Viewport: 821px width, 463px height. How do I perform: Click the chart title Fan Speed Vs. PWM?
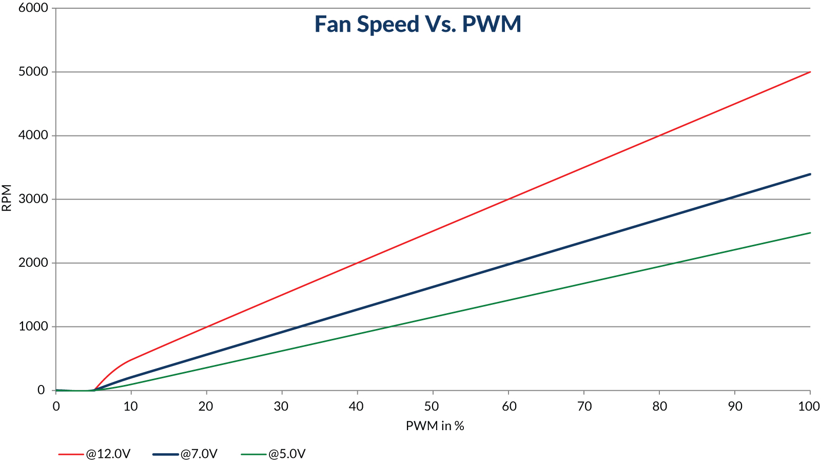click(x=418, y=24)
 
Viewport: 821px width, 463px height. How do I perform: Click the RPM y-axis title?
click(x=7, y=199)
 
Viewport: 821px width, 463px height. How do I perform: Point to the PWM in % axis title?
click(x=435, y=426)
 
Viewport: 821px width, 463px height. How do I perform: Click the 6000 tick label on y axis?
click(x=33, y=8)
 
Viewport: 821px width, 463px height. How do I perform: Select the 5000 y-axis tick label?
click(x=33, y=72)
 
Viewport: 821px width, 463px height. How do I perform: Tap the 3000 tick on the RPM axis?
click(x=33, y=199)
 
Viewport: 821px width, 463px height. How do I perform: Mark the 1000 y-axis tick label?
click(x=33, y=326)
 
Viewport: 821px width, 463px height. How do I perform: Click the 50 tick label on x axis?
click(x=432, y=407)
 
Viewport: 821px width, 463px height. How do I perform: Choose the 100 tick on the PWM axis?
click(x=809, y=407)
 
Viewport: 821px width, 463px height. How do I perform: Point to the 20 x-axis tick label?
click(x=206, y=407)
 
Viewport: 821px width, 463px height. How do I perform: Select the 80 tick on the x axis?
click(x=659, y=407)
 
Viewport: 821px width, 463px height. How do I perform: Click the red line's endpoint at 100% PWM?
click(x=810, y=72)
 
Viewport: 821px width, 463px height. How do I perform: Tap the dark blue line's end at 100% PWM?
click(x=810, y=174)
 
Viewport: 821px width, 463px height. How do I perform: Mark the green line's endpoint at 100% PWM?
click(x=810, y=233)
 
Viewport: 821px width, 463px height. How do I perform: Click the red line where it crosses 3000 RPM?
click(x=509, y=199)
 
